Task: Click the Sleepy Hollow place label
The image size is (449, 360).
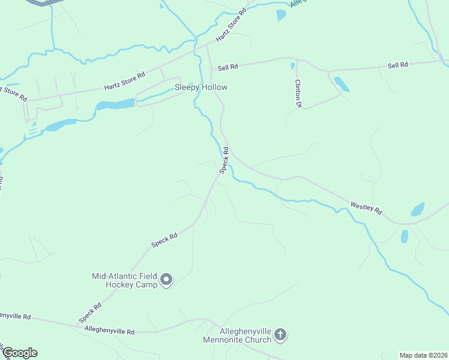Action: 200,88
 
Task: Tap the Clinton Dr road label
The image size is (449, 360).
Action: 297,94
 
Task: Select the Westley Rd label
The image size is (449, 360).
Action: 366,208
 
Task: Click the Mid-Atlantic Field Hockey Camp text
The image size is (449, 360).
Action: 124,280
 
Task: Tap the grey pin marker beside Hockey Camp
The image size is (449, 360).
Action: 167,280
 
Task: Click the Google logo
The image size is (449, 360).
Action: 20,353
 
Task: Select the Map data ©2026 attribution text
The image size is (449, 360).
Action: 423,355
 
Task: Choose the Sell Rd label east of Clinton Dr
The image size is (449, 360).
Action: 397,65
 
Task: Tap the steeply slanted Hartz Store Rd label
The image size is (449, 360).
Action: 232,25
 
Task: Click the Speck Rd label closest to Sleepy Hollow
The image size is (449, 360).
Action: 224,160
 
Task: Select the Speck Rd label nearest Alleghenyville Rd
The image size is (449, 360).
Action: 89,313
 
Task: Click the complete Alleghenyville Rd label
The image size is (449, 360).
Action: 109,331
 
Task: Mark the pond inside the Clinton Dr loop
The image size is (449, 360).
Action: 341,84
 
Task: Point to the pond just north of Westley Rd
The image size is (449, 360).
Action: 417,209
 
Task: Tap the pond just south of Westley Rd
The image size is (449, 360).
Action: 404,236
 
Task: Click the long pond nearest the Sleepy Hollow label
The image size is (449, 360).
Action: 115,104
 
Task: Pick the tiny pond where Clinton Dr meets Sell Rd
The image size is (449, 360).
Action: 292,66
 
